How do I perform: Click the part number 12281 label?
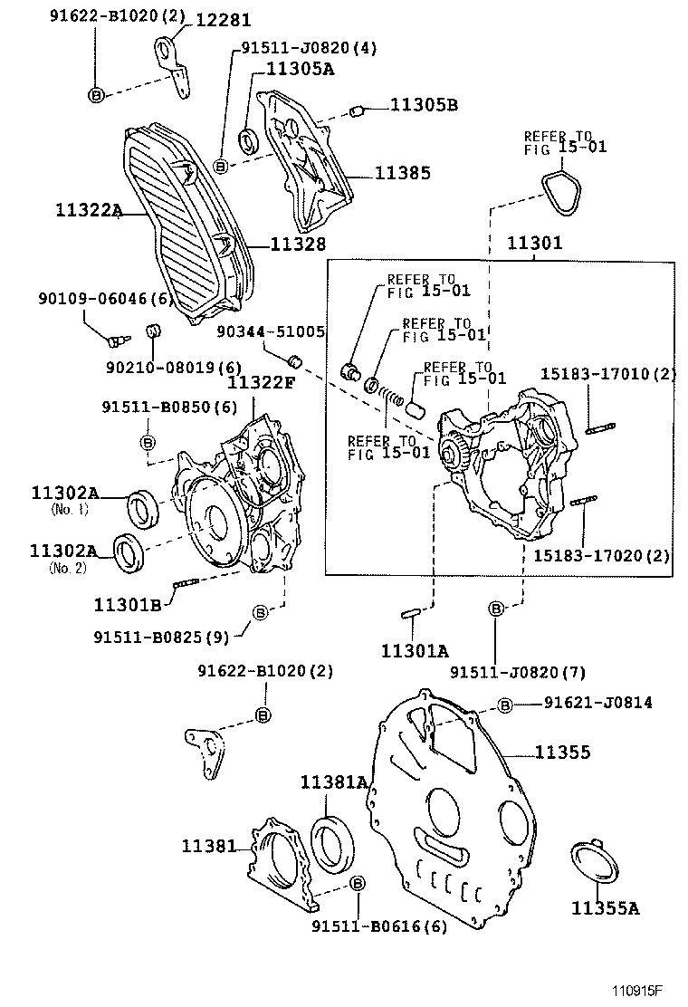point(221,20)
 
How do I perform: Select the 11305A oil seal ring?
point(248,141)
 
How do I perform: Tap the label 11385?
point(403,173)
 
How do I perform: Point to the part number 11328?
point(298,244)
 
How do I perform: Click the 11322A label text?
point(88,211)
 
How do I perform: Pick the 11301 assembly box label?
point(534,243)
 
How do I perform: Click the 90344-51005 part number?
point(271,331)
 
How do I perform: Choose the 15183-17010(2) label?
point(607,373)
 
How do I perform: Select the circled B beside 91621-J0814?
point(505,705)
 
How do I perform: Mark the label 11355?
point(561,752)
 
